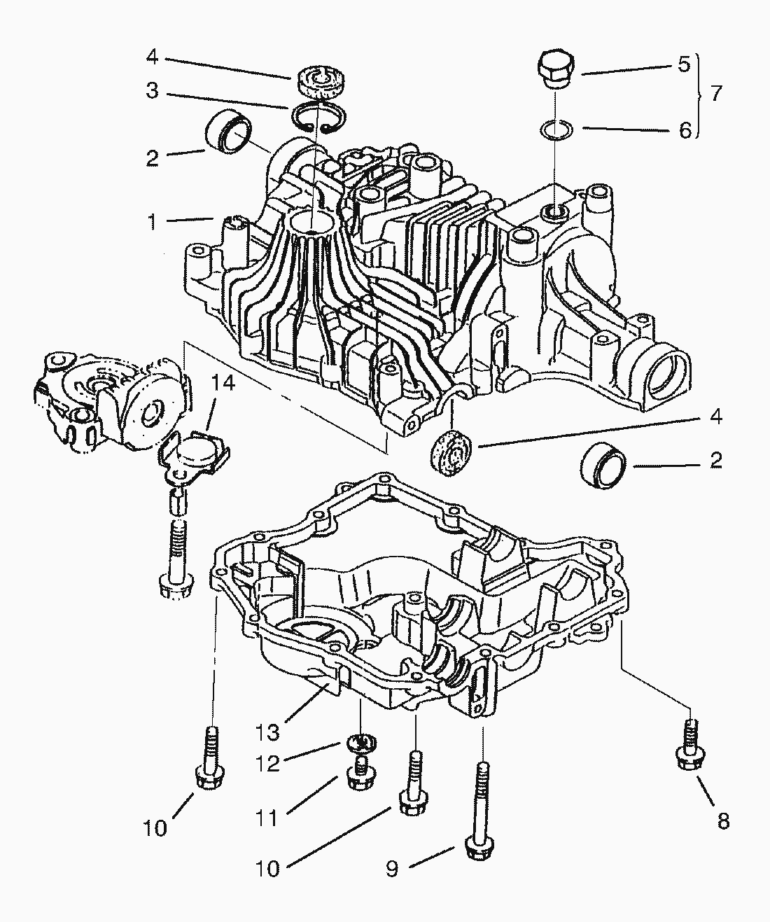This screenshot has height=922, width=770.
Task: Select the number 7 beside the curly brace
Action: tap(715, 93)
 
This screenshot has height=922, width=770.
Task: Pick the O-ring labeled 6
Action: tap(556, 130)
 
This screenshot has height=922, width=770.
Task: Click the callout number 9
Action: tap(392, 868)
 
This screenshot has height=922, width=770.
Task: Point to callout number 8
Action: tap(723, 820)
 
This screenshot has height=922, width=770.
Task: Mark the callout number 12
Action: tap(267, 762)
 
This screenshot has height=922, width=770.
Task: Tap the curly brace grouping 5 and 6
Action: tap(700, 95)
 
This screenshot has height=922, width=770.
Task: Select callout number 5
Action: tap(684, 66)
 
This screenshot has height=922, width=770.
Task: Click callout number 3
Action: tap(151, 91)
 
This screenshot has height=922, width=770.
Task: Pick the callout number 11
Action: tap(267, 817)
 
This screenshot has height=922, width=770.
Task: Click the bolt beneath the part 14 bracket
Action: tap(174, 560)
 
